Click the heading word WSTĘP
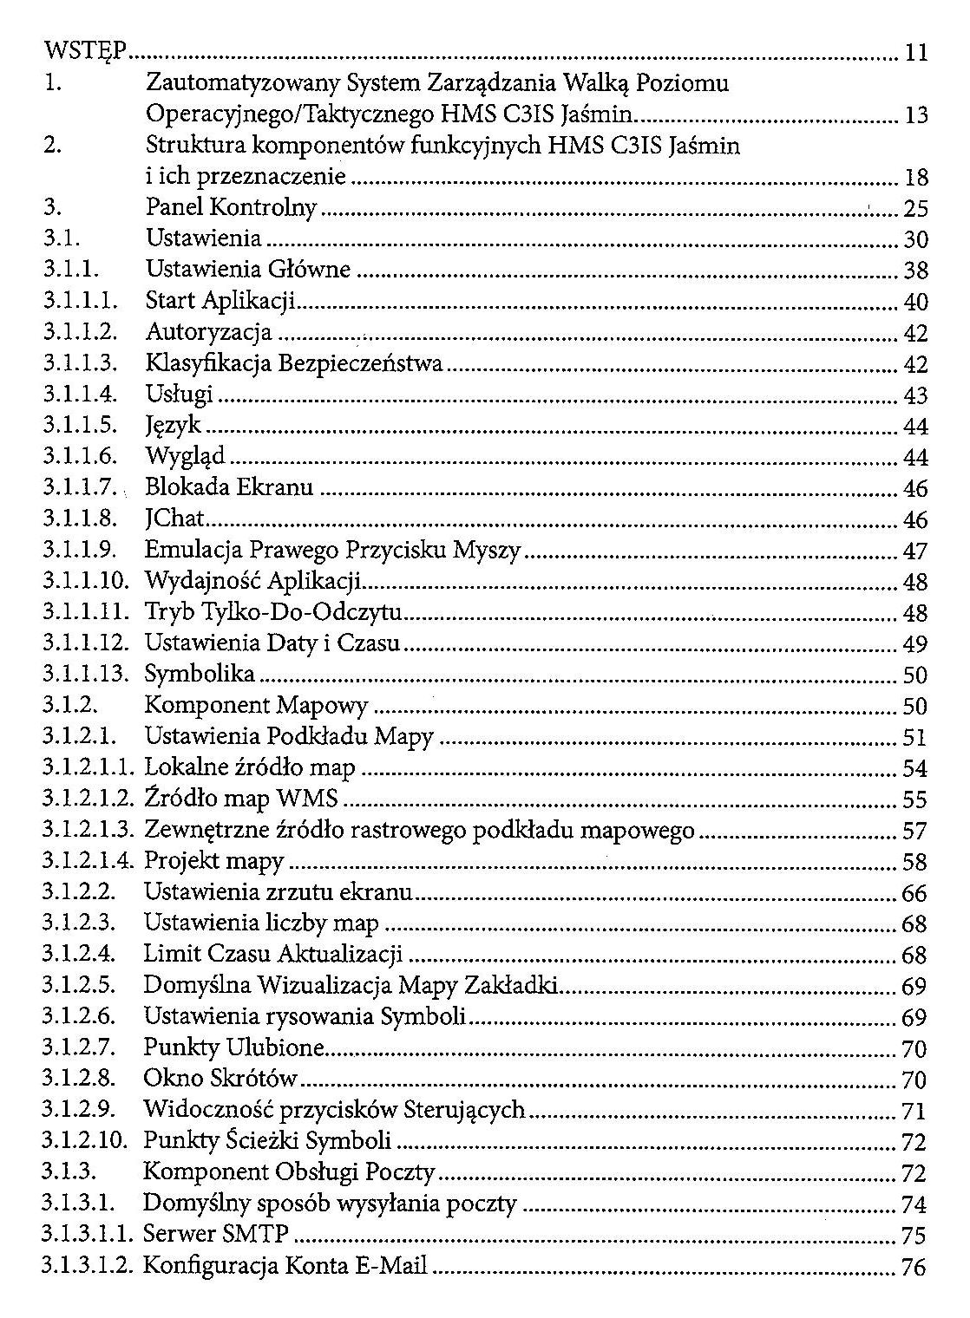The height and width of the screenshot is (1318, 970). [x=86, y=53]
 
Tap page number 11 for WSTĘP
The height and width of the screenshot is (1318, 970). [x=916, y=53]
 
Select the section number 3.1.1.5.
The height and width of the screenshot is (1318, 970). [x=79, y=427]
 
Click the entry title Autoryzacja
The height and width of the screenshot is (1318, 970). [x=208, y=333]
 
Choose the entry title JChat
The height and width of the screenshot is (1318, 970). [x=174, y=519]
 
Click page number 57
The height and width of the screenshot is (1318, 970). [x=914, y=832]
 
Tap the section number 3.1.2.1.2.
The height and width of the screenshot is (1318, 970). [x=88, y=799]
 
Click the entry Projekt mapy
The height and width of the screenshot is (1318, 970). [x=214, y=862]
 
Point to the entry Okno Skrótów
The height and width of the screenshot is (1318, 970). [x=220, y=1080]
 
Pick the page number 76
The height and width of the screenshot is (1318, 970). [x=914, y=1267]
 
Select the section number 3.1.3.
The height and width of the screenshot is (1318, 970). [x=70, y=1173]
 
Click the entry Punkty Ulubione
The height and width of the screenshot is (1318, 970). [x=233, y=1048]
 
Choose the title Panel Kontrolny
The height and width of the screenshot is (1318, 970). [x=232, y=208]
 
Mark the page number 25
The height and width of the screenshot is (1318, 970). [x=915, y=209]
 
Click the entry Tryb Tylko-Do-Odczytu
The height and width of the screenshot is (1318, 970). [x=272, y=613]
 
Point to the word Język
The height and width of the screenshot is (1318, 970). [x=173, y=427]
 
